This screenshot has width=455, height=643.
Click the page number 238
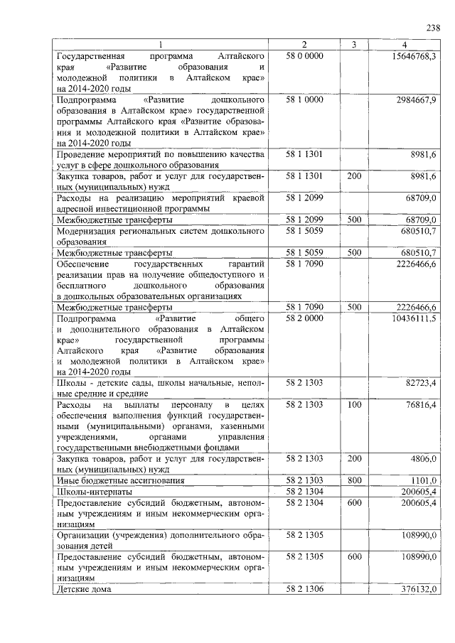pyautogui.click(x=432, y=28)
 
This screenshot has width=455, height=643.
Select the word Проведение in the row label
pyautogui.click(x=85, y=154)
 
